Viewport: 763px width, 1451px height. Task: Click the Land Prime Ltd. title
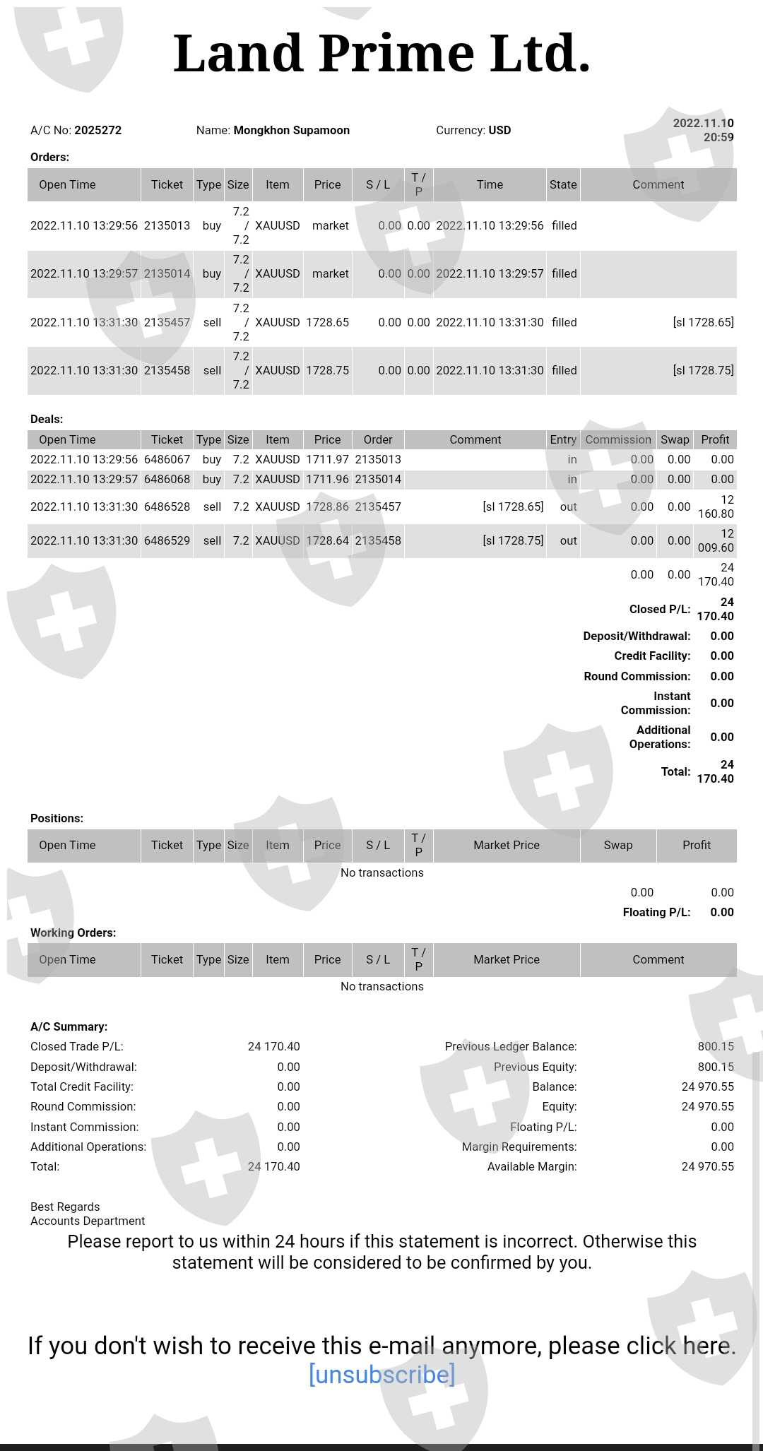click(x=381, y=54)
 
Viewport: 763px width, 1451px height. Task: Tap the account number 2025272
click(x=98, y=130)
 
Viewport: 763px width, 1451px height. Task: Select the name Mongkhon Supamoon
click(x=291, y=130)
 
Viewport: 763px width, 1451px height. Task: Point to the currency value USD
click(x=499, y=130)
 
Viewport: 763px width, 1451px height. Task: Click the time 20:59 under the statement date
click(x=718, y=137)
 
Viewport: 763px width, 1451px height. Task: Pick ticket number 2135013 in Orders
click(x=167, y=225)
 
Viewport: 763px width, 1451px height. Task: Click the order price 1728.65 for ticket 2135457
click(x=327, y=322)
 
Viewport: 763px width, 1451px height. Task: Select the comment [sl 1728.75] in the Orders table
click(x=703, y=370)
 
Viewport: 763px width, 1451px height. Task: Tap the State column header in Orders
click(x=563, y=184)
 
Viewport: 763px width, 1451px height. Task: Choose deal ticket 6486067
click(x=167, y=459)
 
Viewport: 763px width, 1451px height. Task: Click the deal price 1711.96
click(x=327, y=479)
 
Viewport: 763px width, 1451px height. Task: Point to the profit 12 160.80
click(x=716, y=507)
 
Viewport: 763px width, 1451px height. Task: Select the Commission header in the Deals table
click(x=618, y=439)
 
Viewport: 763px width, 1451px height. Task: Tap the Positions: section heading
click(x=57, y=818)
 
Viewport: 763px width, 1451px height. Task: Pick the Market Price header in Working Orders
click(x=507, y=959)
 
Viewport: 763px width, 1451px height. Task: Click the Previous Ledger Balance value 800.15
click(x=716, y=1046)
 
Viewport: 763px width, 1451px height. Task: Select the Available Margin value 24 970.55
click(x=707, y=1166)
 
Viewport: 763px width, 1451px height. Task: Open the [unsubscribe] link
click(x=381, y=1374)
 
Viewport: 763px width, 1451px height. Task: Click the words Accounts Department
click(x=88, y=1221)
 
